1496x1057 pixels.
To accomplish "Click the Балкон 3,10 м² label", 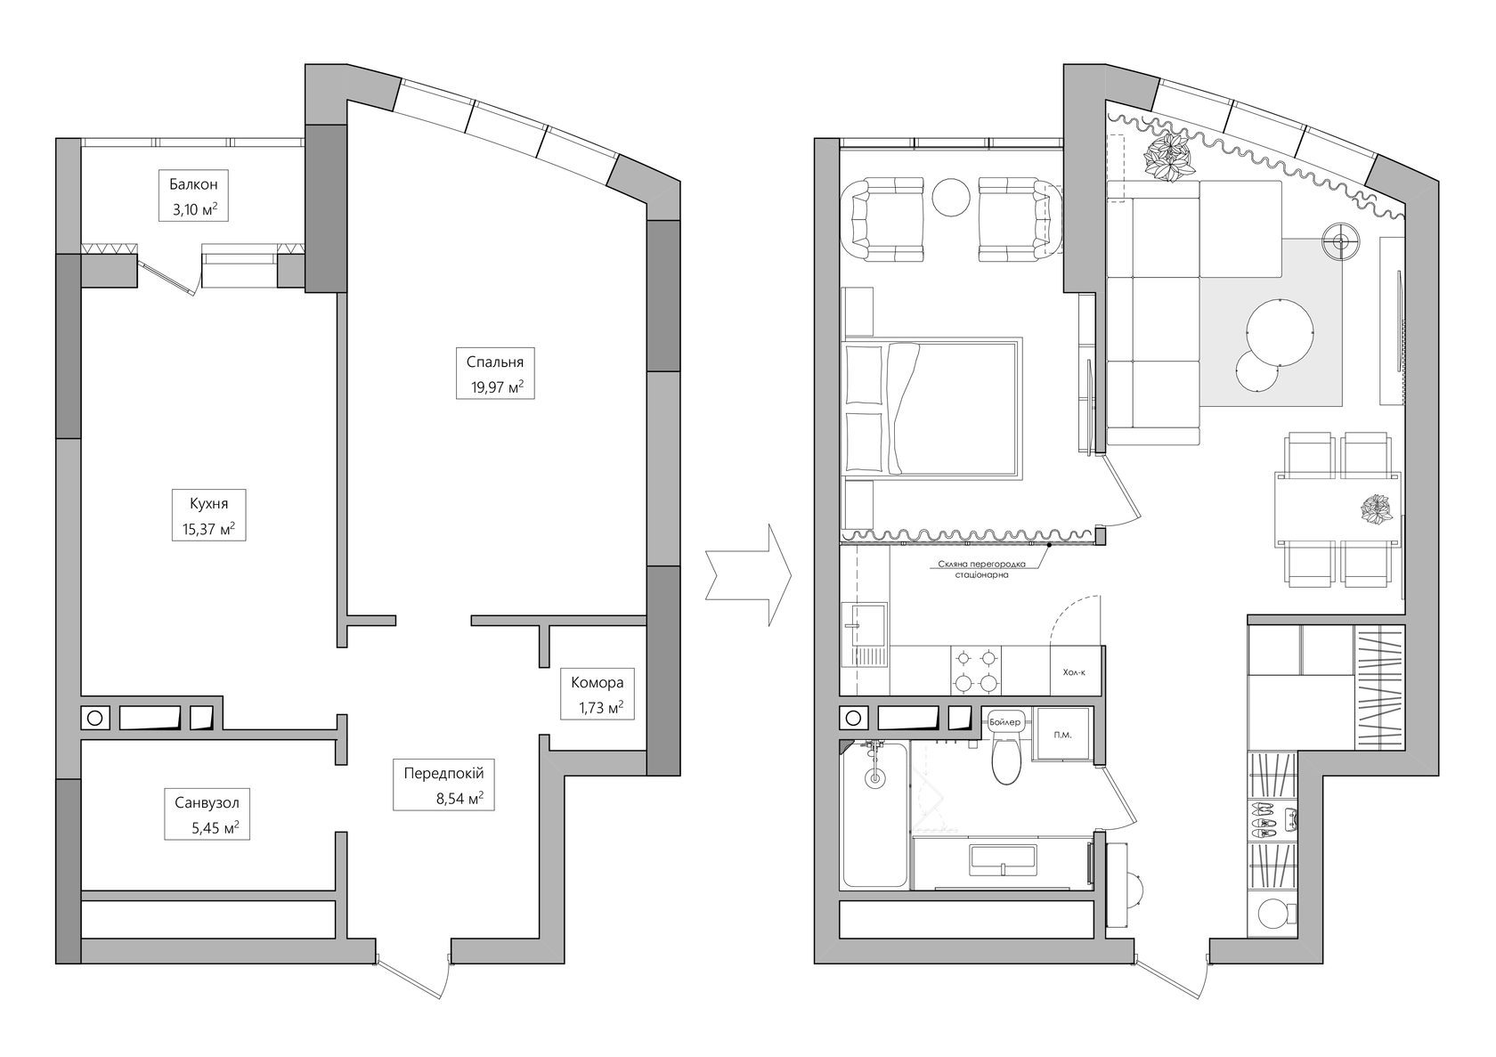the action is [x=193, y=196].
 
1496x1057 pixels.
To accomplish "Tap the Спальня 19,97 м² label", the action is [x=495, y=373].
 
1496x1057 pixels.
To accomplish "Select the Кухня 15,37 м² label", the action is [x=208, y=515].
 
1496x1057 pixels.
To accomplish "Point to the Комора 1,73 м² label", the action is [x=597, y=695].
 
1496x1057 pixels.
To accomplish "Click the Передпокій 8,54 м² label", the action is [x=443, y=785].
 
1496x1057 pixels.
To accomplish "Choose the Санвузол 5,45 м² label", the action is [x=207, y=814].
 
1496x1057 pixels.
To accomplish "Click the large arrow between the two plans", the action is [x=748, y=575].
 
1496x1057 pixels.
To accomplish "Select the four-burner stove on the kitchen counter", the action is [x=976, y=671].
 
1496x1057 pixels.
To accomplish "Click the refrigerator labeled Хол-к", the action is [x=1076, y=671].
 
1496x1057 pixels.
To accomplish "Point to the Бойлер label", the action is [x=1005, y=722].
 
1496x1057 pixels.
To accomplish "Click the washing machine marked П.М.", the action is [x=1062, y=735].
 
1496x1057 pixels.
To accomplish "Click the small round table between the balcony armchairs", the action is [x=951, y=197].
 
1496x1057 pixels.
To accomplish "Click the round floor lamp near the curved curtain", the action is [x=1341, y=239].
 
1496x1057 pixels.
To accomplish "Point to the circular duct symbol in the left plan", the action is [x=94, y=719].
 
